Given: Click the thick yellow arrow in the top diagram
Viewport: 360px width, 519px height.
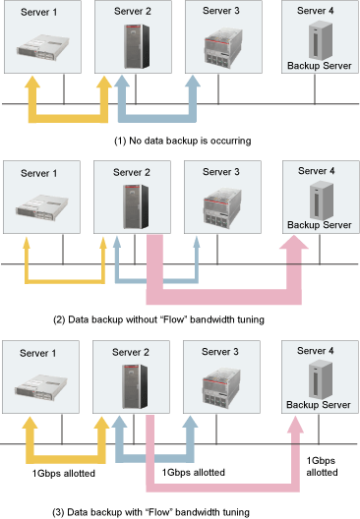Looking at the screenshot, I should [69, 118].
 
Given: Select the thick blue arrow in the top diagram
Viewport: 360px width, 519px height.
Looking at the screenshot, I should [155, 118].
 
